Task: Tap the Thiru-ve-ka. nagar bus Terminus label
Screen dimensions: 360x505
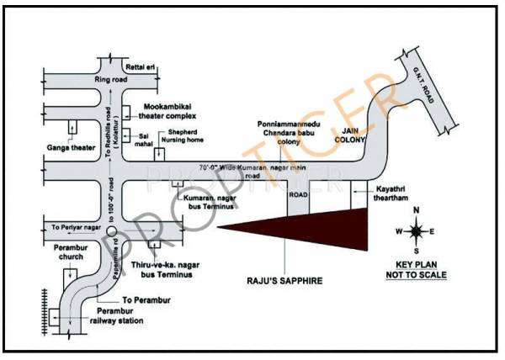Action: tap(163, 269)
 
